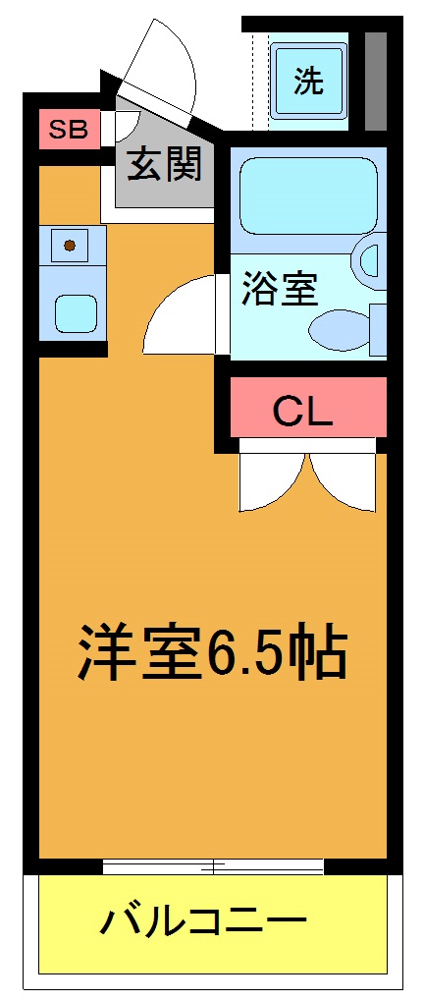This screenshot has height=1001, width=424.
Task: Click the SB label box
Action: coord(68,130)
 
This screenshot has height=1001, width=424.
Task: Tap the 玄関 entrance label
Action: coord(164,166)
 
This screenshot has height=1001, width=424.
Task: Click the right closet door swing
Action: coord(344,481)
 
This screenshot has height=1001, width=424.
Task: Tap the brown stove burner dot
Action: coord(70,244)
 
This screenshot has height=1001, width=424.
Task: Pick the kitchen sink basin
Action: coord(75,313)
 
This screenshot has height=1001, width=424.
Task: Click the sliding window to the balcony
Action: coord(213,866)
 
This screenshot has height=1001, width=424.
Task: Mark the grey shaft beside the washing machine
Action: coord(374,81)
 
